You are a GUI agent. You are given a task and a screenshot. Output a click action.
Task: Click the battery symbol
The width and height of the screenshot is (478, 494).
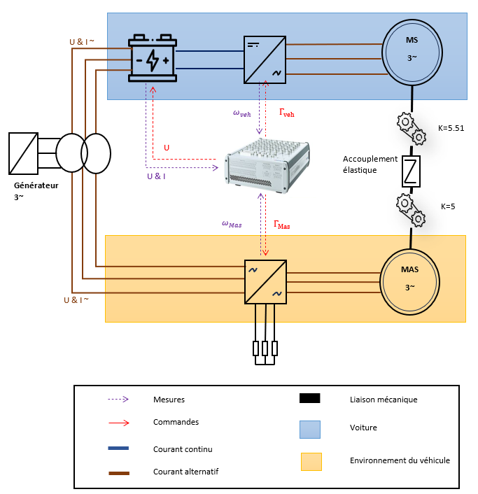coord(153,58)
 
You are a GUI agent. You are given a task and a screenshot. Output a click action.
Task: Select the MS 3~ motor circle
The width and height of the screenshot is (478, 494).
coord(412,52)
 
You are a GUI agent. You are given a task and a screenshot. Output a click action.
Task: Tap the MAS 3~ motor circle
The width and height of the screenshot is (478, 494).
coord(409,282)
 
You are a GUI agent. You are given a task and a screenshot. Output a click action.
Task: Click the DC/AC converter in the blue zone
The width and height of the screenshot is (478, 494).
coord(265,60)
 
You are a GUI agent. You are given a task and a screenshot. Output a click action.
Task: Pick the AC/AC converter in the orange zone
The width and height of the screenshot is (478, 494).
coord(266,282)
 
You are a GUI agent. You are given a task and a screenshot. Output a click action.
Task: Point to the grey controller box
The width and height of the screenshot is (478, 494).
coord(267,166)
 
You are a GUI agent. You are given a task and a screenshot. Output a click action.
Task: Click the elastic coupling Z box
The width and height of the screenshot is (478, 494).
coord(411,171)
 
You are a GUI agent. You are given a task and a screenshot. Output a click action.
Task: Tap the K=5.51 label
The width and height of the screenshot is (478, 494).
coord(451,128)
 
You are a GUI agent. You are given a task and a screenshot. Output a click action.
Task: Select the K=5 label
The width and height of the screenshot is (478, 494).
coord(448,206)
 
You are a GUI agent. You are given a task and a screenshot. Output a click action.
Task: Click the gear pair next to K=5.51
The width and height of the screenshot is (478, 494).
coord(412,129)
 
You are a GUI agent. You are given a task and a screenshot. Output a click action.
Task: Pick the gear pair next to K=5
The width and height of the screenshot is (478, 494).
coord(411,210)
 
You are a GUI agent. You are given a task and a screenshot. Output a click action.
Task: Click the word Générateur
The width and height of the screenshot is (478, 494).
coord(36,185)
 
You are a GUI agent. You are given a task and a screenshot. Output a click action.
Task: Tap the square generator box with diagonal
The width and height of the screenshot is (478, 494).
coord(23,153)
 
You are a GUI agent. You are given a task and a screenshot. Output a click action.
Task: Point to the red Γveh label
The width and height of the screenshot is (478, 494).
coord(287,113)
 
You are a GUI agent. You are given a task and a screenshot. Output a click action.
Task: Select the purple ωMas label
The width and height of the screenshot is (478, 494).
coord(232,224)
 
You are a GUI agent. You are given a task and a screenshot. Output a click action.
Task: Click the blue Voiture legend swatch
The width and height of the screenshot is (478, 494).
coord(310,430)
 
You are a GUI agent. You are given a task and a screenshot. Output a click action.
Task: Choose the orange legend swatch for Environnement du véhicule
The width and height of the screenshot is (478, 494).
coord(311,462)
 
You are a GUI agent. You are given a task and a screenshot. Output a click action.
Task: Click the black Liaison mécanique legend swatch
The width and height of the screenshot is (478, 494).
coord(310,398)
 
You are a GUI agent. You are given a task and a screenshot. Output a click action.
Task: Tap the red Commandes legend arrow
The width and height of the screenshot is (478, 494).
coord(119,423)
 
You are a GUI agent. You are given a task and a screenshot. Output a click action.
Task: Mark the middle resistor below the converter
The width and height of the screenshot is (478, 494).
coord(265,348)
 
